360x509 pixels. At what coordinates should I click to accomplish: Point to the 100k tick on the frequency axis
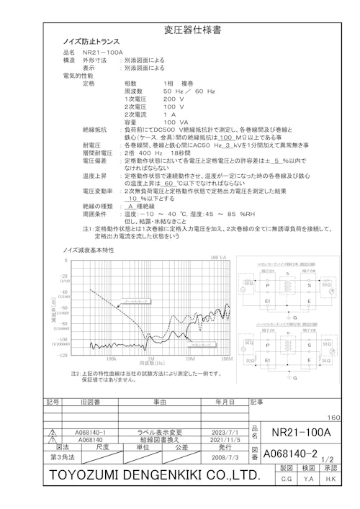coord(111,358)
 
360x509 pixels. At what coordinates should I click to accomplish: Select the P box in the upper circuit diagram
coord(268,284)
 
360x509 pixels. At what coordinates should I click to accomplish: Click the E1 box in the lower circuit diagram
coord(268,359)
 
